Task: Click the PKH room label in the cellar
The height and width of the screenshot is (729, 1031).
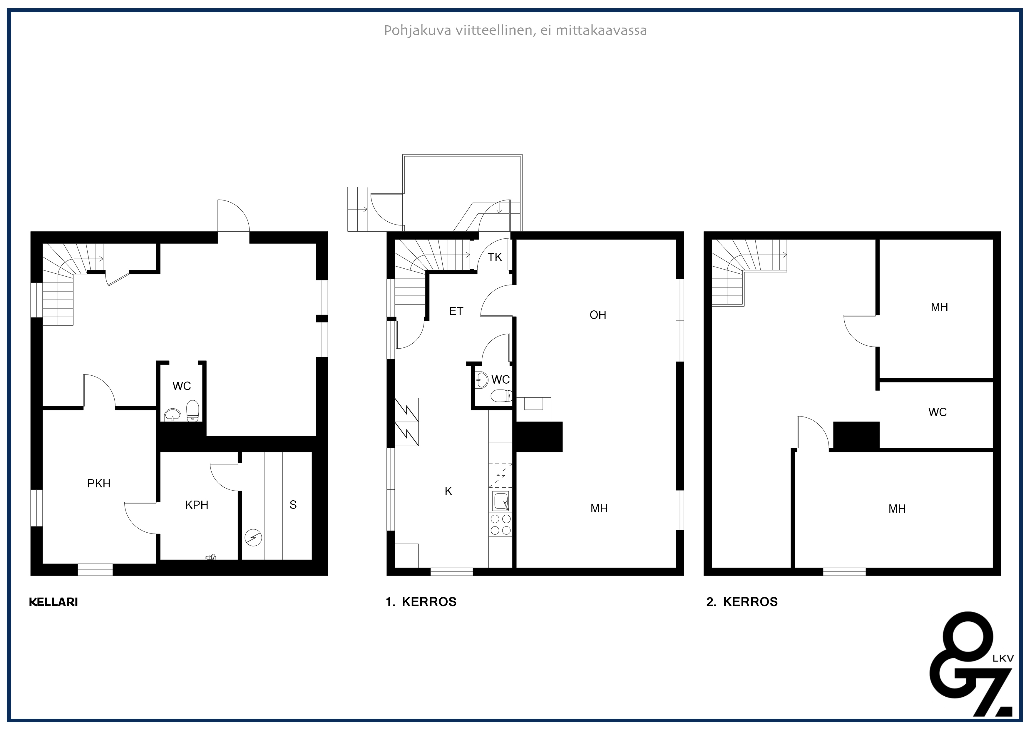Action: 99,483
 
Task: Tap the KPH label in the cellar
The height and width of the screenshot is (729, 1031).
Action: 197,505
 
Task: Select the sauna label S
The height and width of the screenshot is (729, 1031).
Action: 293,505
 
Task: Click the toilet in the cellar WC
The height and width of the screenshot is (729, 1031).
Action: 193,411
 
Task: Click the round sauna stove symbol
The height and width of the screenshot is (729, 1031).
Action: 253,538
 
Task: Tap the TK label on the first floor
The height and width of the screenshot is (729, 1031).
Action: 495,258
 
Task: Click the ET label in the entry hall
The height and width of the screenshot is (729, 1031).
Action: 456,311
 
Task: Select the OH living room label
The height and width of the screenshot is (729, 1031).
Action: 598,315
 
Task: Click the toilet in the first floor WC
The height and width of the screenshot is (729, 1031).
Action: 502,396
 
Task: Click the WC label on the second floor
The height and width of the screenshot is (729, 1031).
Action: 938,412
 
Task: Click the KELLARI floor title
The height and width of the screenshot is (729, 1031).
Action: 53,602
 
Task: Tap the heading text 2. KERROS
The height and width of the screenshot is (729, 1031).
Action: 742,602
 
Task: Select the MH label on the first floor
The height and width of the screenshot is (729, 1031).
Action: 599,509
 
